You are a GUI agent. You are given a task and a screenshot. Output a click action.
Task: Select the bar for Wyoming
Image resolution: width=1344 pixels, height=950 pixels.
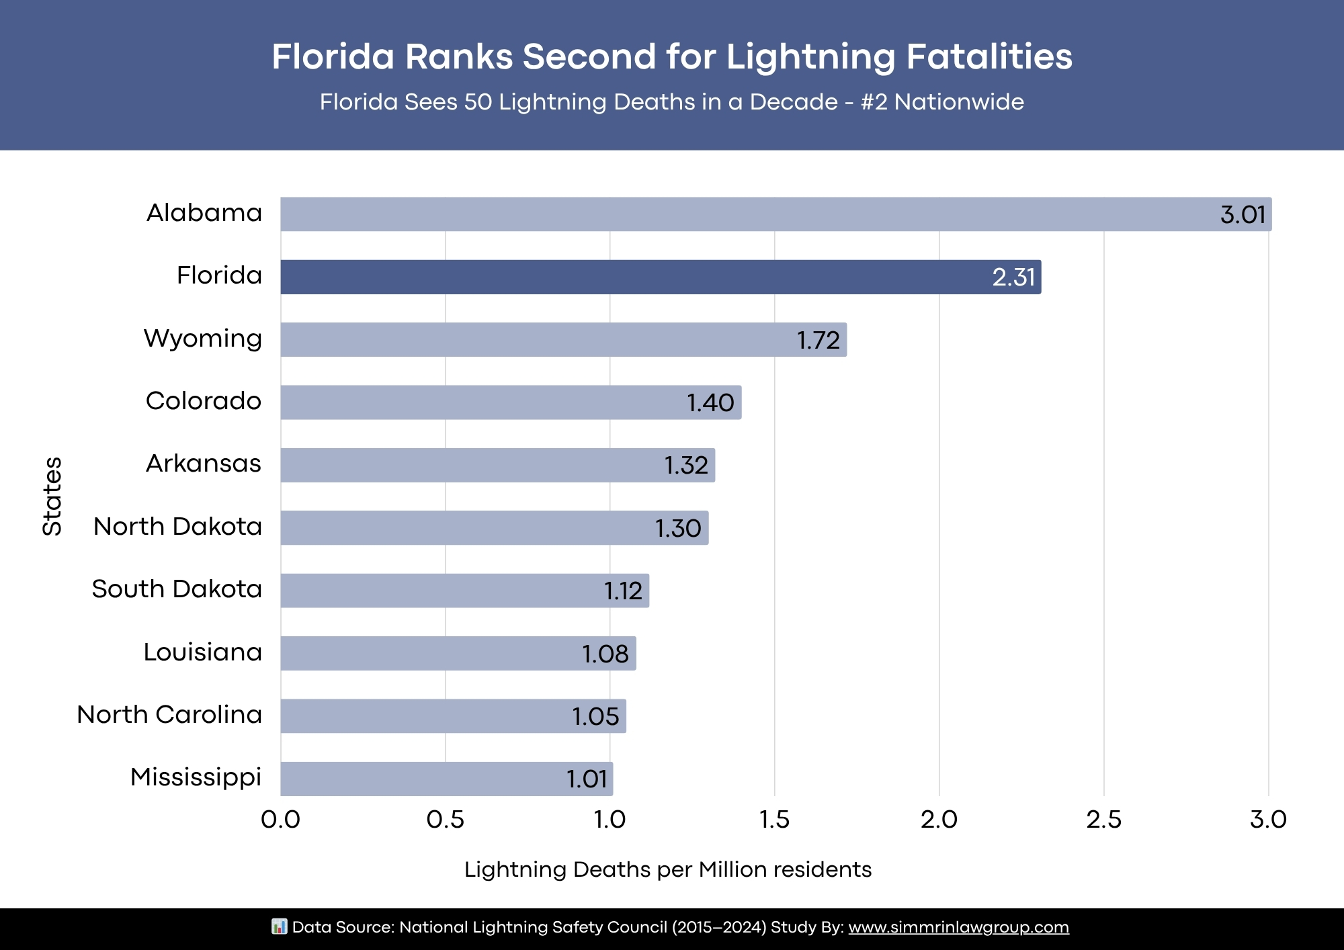[563, 339]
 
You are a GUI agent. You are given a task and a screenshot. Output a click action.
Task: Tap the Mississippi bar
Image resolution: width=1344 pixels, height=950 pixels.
[446, 779]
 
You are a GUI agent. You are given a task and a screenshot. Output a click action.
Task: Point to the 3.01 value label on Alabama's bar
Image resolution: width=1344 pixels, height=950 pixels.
[1243, 215]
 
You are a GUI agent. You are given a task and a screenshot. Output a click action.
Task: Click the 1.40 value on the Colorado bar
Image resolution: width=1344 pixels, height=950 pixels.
[710, 403]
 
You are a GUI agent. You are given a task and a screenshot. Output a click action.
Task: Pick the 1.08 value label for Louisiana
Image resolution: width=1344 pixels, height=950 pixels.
[605, 654]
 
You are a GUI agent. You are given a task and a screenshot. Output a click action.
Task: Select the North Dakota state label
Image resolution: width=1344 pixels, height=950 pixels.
[177, 527]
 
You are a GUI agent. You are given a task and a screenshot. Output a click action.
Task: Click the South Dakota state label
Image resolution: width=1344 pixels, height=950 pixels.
[177, 589]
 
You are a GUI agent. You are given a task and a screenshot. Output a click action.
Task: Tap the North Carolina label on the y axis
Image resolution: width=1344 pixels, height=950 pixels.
[169, 715]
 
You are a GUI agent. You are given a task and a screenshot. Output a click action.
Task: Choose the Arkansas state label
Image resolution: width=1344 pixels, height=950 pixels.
[203, 464]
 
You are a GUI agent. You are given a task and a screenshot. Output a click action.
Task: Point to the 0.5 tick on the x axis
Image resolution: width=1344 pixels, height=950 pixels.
[445, 820]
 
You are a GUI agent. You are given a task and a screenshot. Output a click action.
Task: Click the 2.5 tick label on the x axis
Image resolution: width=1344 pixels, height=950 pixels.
[1103, 820]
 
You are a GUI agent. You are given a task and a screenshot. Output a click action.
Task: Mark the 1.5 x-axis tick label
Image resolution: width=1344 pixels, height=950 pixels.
[774, 820]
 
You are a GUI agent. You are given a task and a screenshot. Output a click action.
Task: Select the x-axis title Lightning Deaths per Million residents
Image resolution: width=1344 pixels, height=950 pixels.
[667, 869]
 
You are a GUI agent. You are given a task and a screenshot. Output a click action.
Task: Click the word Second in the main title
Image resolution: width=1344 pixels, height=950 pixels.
[589, 56]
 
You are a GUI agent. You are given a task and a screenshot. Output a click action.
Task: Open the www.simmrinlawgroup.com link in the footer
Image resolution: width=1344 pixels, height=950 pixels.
[958, 927]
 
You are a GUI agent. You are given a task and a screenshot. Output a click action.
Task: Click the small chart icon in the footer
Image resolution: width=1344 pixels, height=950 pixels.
[279, 926]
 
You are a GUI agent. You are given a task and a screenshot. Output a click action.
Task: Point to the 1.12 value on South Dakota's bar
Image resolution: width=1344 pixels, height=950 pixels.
[623, 591]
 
